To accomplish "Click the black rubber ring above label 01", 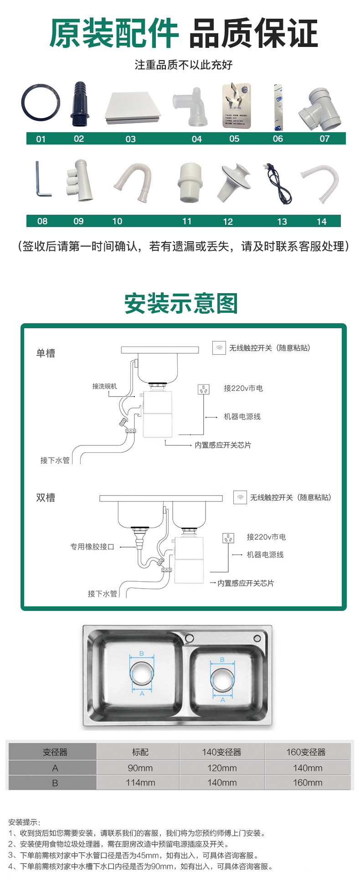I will point(40,103).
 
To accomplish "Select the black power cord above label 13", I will point(278,185).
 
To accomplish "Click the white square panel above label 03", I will point(133,108).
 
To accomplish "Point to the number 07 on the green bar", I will point(324,139).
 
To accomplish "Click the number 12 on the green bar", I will point(228,222).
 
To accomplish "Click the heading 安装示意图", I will point(181,304).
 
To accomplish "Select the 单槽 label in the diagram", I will point(46,353).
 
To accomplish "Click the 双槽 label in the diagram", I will point(46,497).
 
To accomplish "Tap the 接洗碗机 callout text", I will point(105,386).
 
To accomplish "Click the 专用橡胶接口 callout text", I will point(92,547).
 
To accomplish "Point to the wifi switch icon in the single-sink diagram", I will point(219,348).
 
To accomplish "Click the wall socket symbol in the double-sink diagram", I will point(228,538).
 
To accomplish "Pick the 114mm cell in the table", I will point(140,783).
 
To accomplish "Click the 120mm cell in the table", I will point(222,768).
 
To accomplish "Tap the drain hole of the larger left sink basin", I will point(142,674).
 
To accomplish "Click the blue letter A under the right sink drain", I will point(223,699).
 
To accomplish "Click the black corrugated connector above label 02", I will point(79,104).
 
